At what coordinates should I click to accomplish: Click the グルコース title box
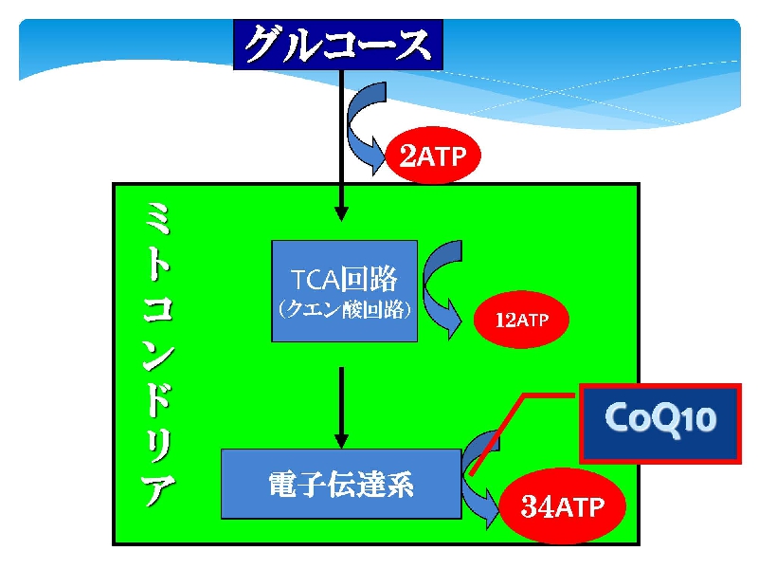(338, 45)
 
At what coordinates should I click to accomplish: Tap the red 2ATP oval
(433, 155)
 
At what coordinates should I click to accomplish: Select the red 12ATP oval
(521, 320)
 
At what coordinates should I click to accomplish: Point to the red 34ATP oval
(562, 506)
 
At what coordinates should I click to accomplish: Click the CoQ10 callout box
(660, 424)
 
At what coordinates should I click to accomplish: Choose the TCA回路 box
(345, 291)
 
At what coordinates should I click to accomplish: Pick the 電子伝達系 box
(341, 484)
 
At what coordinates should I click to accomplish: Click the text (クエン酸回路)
(345, 310)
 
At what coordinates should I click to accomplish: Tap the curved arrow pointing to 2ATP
(365, 127)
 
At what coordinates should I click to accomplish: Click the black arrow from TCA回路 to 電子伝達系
(341, 408)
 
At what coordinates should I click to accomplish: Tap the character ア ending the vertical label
(158, 488)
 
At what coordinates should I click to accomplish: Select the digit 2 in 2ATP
(407, 155)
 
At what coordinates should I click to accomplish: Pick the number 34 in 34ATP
(537, 506)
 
